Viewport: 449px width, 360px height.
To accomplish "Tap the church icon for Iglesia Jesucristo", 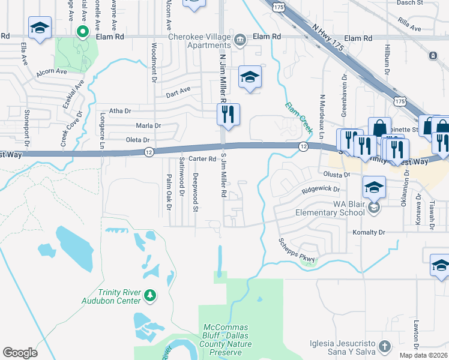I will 385,346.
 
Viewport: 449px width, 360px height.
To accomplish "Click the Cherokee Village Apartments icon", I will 240,40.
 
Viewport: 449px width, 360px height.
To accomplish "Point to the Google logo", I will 20,353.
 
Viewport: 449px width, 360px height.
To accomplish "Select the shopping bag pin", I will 379,128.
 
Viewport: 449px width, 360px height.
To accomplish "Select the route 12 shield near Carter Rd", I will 149,152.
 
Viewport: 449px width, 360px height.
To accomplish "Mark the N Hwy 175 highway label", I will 315,30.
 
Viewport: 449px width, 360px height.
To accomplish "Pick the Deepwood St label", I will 195,192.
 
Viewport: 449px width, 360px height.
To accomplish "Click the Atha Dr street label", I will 120,111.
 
